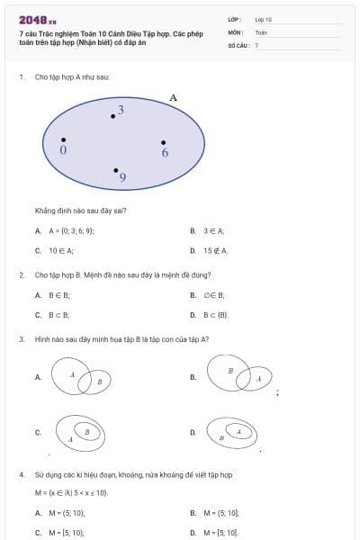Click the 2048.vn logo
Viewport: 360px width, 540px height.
pos(37,20)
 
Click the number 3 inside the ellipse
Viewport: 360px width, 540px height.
pos(121,109)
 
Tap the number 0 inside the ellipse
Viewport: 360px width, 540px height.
pos(63,151)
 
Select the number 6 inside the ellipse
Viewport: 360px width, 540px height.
pos(165,153)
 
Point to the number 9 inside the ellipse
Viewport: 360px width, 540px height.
pos(122,178)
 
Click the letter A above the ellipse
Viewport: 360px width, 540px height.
pos(173,97)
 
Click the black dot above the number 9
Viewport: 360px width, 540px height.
pos(115,169)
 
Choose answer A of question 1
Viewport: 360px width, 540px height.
pos(63,231)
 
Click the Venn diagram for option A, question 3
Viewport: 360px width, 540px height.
pos(80,377)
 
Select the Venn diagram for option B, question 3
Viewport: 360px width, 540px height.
pos(238,375)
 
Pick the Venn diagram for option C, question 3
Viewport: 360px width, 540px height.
pos(81,432)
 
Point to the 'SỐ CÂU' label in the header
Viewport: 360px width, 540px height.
pos(238,44)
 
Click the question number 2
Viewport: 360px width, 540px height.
pos(21,274)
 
